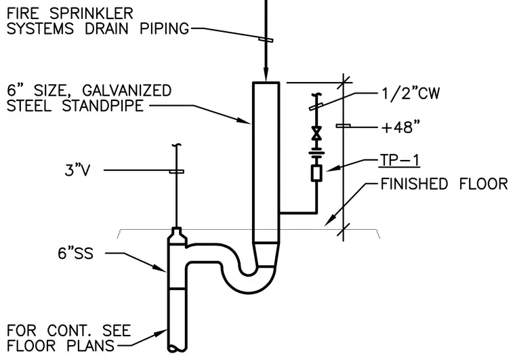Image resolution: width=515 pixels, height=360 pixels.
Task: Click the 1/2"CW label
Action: [x=411, y=94]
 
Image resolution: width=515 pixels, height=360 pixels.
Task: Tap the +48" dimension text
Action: [x=400, y=127]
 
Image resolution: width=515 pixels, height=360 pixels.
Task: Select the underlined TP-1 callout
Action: [x=399, y=161]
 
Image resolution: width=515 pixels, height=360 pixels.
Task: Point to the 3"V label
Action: [x=77, y=170]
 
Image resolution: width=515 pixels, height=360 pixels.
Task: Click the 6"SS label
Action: [x=75, y=254]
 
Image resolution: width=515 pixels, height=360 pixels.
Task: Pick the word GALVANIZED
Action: [x=127, y=91]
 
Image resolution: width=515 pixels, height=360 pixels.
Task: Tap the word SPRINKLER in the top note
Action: [x=91, y=14]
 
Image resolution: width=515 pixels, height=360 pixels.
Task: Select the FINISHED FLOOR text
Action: [x=444, y=184]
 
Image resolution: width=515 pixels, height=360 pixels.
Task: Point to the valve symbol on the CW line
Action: [x=316, y=133]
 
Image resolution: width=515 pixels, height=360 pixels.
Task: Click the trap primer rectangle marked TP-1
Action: [x=316, y=173]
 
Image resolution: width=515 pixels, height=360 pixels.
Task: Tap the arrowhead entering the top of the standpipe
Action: [x=266, y=75]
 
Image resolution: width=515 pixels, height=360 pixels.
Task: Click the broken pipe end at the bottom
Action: [x=177, y=349]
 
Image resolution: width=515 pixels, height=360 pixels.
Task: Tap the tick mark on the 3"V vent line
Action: [x=176, y=172]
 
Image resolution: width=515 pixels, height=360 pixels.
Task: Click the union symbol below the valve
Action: [x=316, y=153]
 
